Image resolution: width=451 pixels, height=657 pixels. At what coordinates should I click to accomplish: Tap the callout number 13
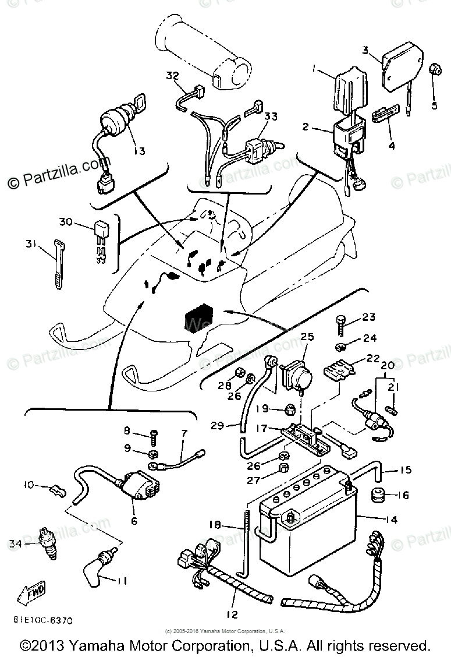(139, 150)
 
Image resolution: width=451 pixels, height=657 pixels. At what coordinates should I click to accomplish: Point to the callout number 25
(307, 337)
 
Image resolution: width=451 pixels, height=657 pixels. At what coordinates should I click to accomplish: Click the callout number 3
(365, 51)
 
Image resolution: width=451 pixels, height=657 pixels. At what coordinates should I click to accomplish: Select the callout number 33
(270, 117)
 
